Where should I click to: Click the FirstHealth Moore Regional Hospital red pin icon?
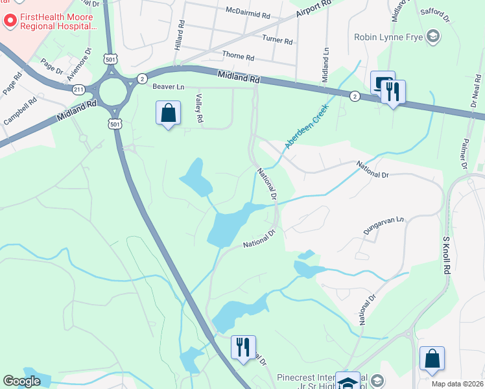[10, 21]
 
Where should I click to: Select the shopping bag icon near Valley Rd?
[168, 113]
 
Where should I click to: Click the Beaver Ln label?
[169, 86]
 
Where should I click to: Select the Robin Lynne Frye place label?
[388, 36]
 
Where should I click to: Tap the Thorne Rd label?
[237, 56]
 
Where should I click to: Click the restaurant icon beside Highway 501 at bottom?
[243, 347]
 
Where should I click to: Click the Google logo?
[21, 381]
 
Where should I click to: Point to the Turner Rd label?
[278, 40]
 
